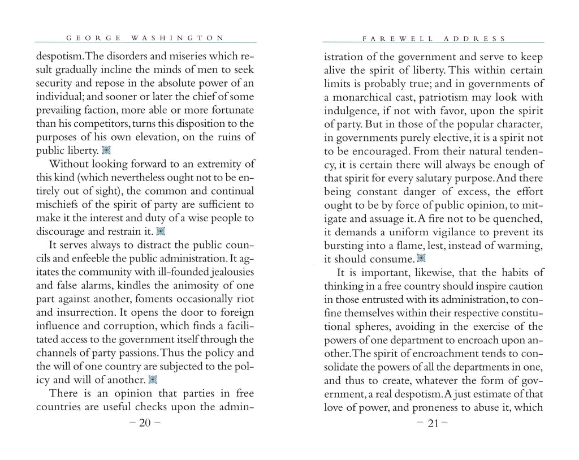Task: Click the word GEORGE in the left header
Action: [x=93, y=38]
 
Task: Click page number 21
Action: [x=433, y=425]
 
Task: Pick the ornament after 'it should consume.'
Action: [x=420, y=259]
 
